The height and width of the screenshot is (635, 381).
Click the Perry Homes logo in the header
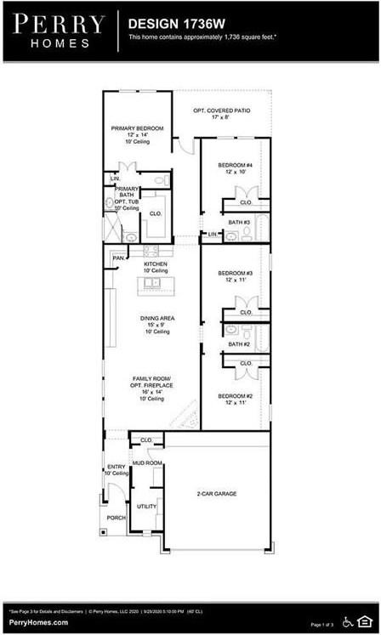(59, 31)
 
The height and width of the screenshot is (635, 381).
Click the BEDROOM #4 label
(235, 165)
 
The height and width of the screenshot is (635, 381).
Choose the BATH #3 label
(239, 222)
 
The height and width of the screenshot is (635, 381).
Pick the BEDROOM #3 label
(235, 273)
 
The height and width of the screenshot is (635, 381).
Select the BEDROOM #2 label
(235, 396)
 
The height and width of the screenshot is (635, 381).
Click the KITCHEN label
(156, 264)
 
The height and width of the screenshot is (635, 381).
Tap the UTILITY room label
(147, 506)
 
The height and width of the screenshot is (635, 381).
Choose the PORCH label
(116, 517)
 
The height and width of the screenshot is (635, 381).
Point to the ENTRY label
(116, 467)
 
